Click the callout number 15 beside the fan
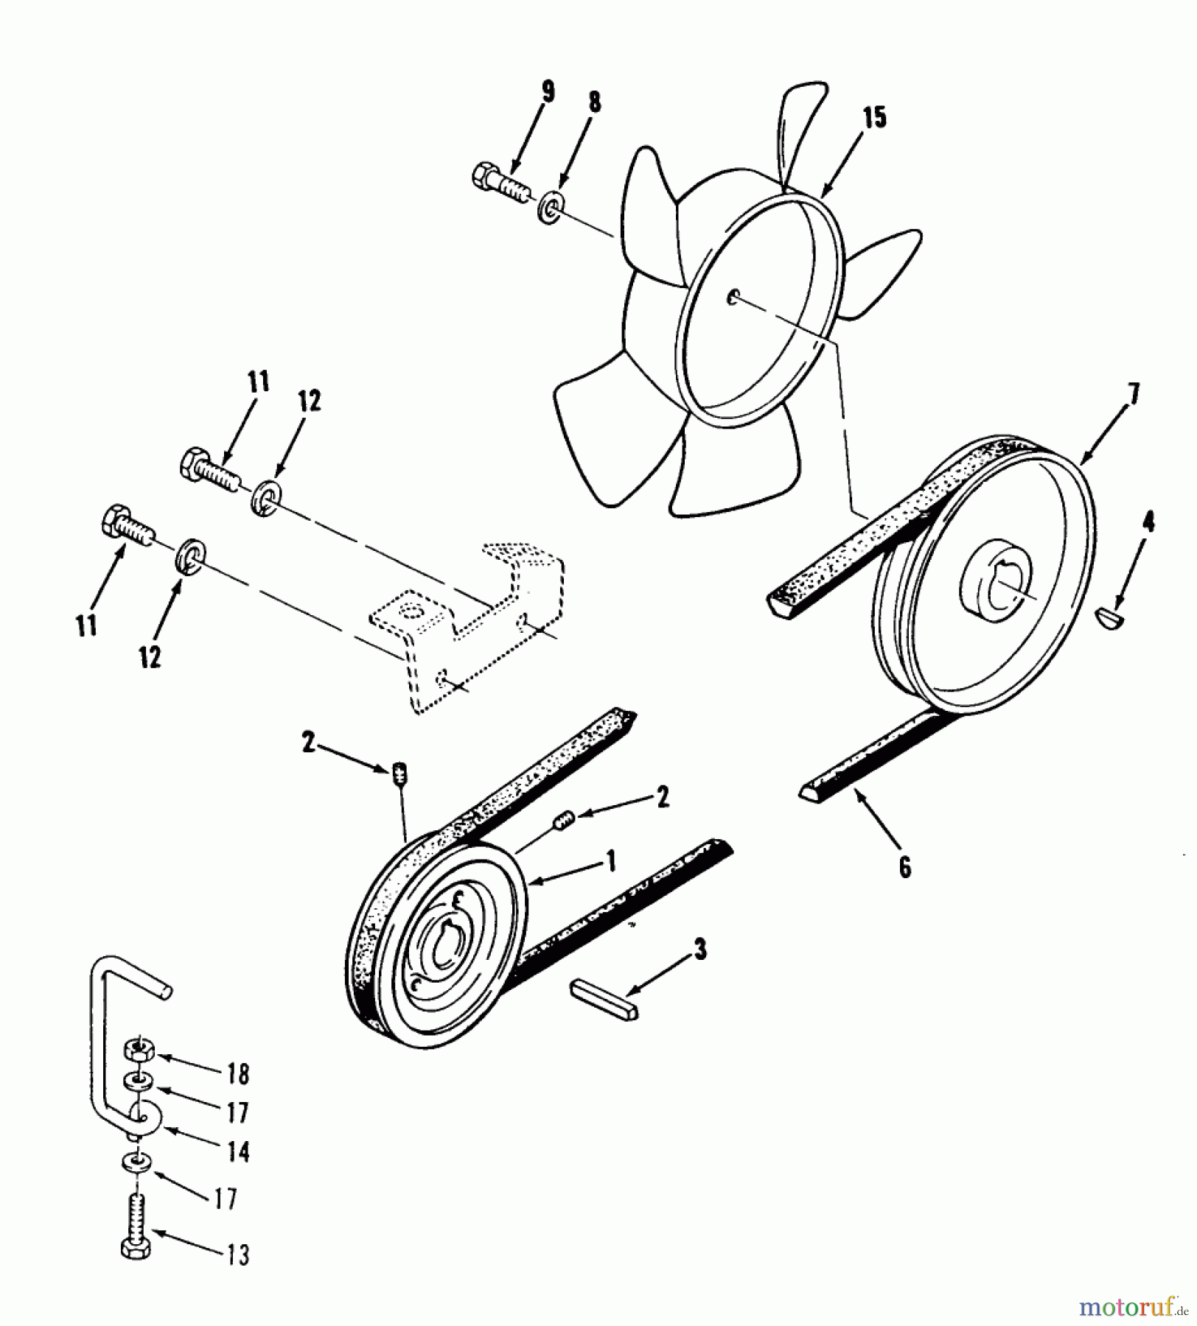coord(874,118)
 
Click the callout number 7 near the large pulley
coord(1133,394)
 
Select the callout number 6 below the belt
coord(905,867)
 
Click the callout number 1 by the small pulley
coord(610,860)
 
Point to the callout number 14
coord(238,1151)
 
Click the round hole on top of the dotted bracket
coord(410,610)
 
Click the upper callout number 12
coord(310,401)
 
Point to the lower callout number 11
coord(87,626)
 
